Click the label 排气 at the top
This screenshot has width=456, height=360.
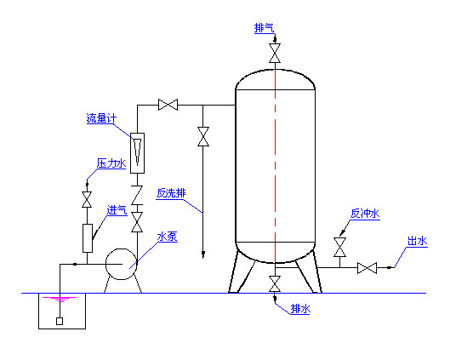[x=264, y=28]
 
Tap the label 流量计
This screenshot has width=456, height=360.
[x=101, y=118]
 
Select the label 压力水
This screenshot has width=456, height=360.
[x=111, y=163]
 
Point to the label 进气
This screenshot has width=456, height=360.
[x=117, y=210]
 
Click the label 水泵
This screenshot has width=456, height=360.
[x=168, y=237]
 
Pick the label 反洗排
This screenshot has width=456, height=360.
[x=171, y=193]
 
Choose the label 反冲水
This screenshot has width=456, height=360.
[x=365, y=214]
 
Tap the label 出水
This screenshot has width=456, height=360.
[x=418, y=241]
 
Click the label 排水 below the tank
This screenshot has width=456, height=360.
[x=300, y=308]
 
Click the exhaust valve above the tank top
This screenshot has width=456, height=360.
[x=275, y=54]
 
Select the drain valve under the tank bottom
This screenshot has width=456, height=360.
[x=275, y=283]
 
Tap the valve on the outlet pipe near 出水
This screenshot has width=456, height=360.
[x=367, y=268]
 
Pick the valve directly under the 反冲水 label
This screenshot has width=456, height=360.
[x=339, y=248]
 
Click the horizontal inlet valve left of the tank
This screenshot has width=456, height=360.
[x=168, y=105]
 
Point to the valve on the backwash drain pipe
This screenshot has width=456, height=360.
[x=203, y=136]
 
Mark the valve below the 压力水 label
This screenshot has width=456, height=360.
[x=87, y=200]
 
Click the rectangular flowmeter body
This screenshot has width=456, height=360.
[x=137, y=153]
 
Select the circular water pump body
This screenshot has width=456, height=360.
[x=122, y=264]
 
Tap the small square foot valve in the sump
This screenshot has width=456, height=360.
[x=60, y=322]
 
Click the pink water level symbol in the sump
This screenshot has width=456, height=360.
[x=60, y=300]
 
